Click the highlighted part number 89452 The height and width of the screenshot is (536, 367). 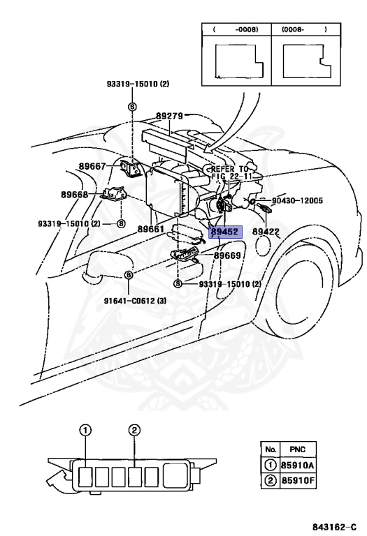[225, 232]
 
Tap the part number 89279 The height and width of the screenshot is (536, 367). [169, 116]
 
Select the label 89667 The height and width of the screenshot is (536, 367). [92, 166]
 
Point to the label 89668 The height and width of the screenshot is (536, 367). [75, 195]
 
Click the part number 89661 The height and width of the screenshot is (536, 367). [151, 229]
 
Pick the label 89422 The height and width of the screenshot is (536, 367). [266, 232]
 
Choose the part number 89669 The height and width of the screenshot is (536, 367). [227, 255]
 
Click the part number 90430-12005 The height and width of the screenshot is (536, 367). [297, 200]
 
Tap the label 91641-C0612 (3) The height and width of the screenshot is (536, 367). [135, 301]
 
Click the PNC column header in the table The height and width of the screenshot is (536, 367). [298, 449]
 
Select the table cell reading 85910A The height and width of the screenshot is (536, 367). [298, 466]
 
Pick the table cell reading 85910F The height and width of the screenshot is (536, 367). [298, 481]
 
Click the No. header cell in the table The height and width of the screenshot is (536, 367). [271, 449]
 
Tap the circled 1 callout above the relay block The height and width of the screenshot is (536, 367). [85, 430]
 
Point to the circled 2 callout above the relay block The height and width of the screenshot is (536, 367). [134, 430]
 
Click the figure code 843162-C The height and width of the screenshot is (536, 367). [334, 527]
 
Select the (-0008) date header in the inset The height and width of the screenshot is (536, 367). [236, 29]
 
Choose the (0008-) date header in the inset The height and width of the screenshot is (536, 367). [304, 29]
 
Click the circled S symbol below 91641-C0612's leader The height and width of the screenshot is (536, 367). [128, 274]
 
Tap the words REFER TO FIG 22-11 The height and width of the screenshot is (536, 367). [229, 172]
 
